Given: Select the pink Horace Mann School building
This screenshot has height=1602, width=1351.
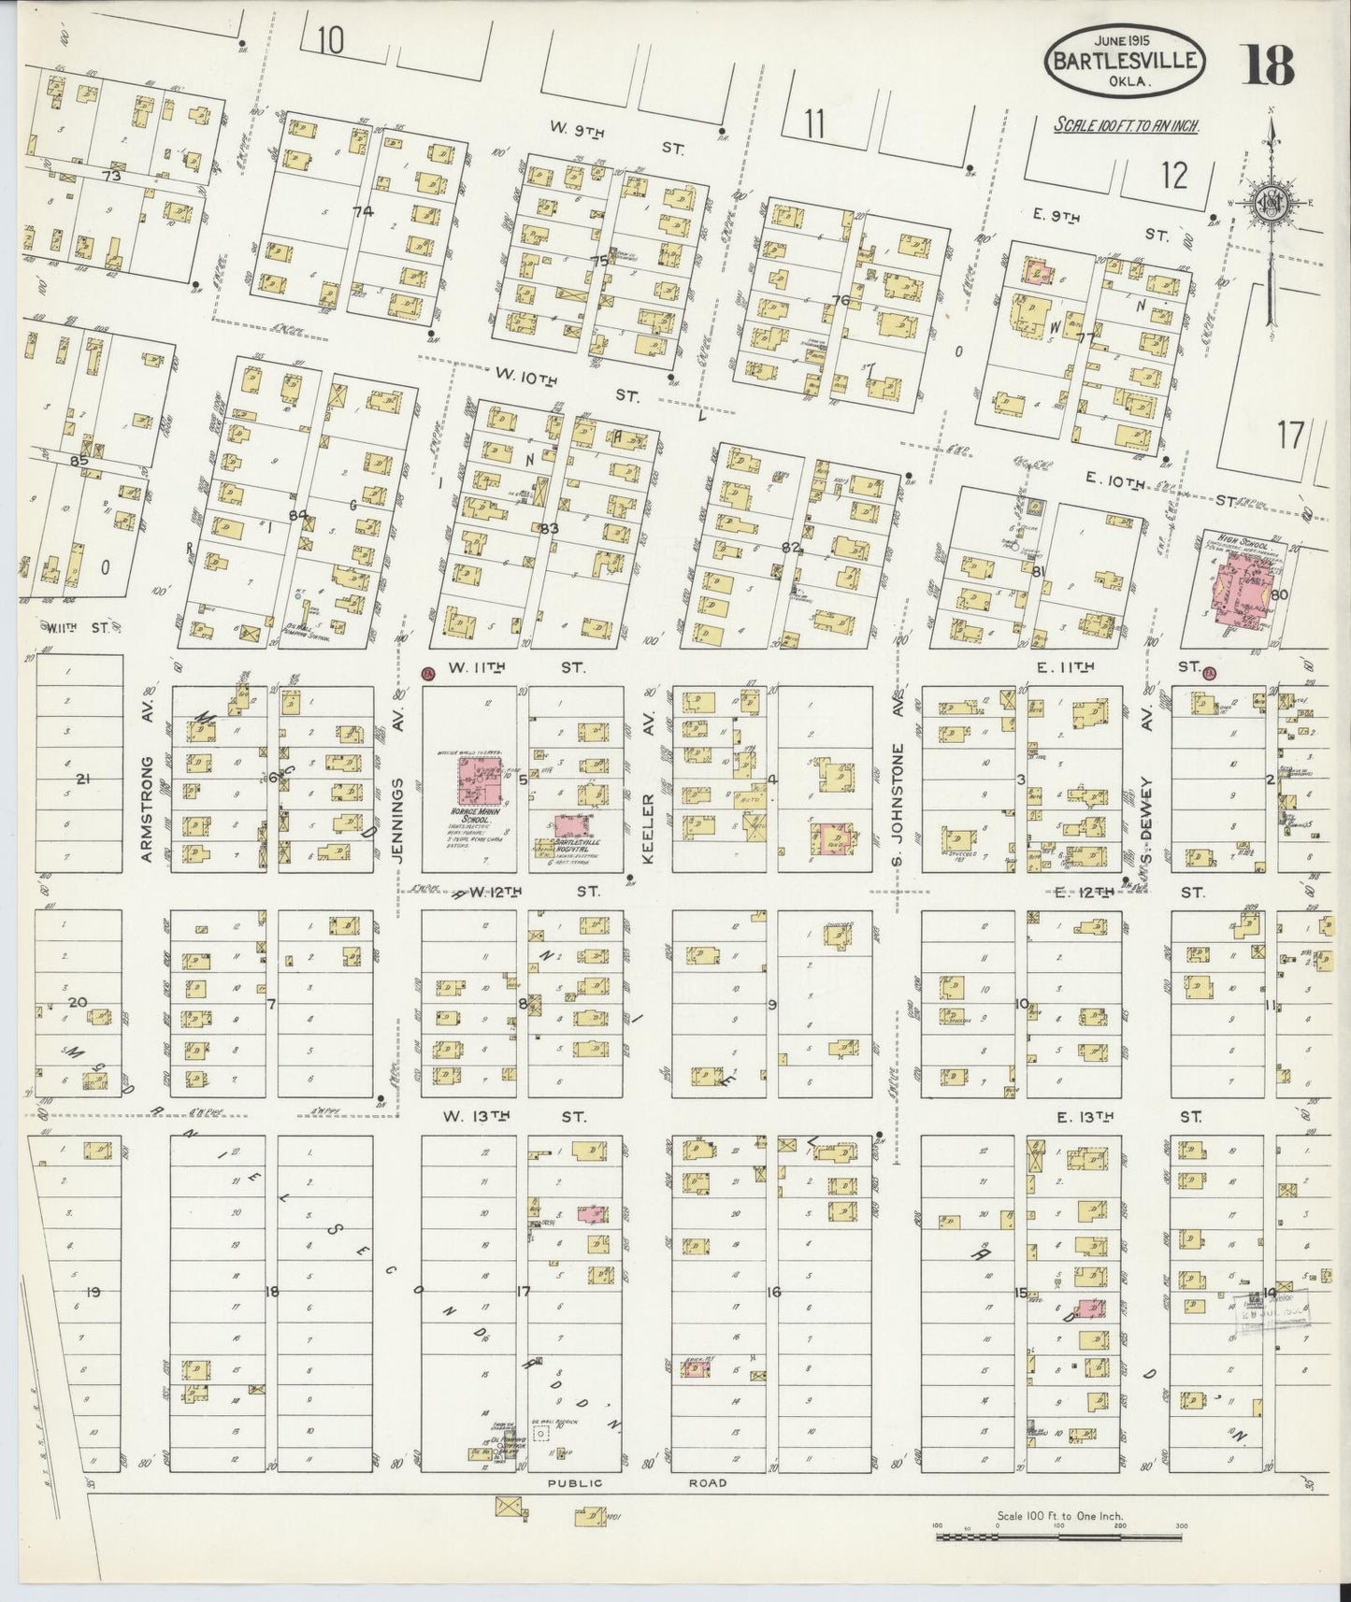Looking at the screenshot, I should click(x=479, y=780).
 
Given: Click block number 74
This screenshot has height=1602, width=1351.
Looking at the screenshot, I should click(x=363, y=211).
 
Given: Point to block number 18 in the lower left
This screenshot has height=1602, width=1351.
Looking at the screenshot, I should click(x=271, y=1292).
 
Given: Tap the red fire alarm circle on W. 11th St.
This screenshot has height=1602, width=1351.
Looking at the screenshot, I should click(x=428, y=672).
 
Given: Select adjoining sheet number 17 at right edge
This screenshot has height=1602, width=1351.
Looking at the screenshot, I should click(x=1289, y=435).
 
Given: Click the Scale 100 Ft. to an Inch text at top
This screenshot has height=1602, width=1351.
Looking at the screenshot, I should click(x=1127, y=125).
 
